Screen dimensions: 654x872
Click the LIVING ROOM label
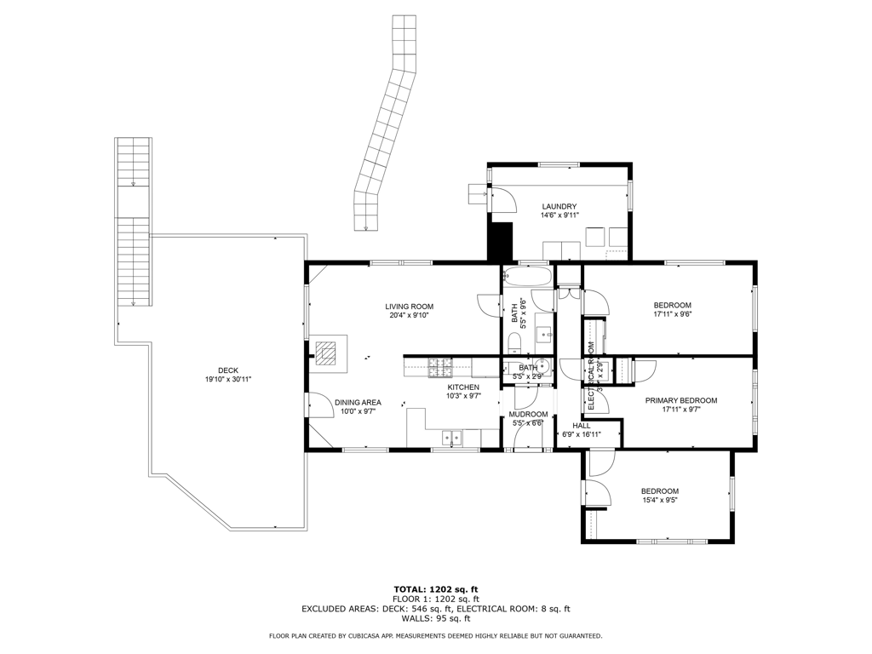click(x=409, y=307)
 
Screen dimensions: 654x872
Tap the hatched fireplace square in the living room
click(x=327, y=351)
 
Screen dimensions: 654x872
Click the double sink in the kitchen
click(x=451, y=438)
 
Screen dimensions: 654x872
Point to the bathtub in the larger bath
click(x=529, y=277)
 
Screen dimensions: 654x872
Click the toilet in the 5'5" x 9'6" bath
click(x=513, y=343)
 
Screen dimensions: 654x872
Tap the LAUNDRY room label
click(x=559, y=207)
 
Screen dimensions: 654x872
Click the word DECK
click(x=227, y=370)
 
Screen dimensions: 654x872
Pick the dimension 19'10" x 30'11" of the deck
click(x=227, y=380)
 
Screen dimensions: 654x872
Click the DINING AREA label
click(x=358, y=402)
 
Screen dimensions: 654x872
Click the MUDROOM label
click(x=528, y=414)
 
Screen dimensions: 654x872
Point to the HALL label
click(x=582, y=425)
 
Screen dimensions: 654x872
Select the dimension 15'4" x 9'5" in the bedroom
click(x=659, y=501)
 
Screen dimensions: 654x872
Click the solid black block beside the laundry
click(x=499, y=242)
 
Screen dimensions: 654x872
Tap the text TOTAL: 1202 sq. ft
click(x=435, y=589)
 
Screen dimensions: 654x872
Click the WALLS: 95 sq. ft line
click(x=435, y=619)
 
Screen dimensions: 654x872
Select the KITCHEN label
click(x=464, y=387)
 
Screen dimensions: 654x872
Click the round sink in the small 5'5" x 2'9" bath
click(x=544, y=369)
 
